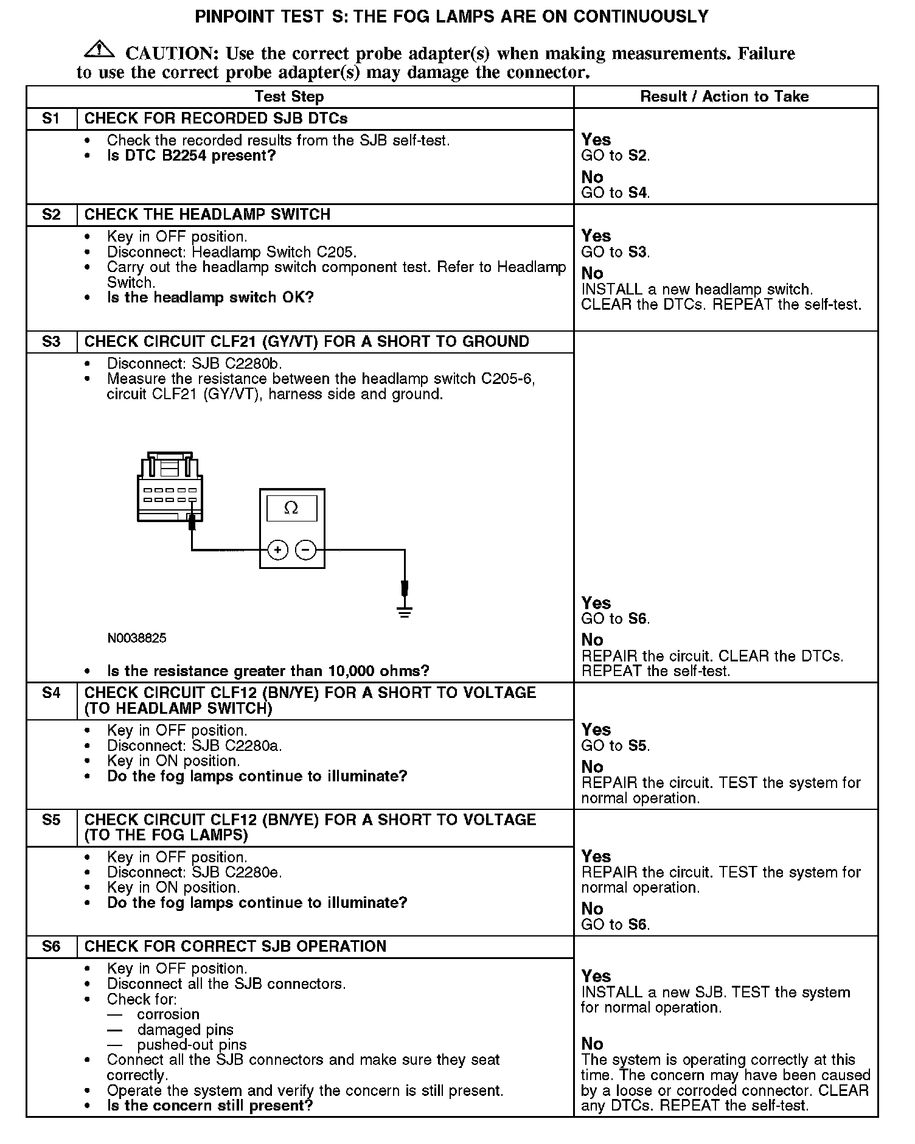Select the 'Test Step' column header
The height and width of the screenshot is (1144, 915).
[x=289, y=97]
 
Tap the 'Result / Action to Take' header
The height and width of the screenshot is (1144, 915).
[x=725, y=97]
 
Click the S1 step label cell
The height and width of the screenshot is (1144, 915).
[x=51, y=119]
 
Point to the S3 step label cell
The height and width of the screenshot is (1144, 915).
[x=51, y=342]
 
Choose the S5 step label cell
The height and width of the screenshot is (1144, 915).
[x=51, y=820]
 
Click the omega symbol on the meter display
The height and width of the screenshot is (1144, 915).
[x=291, y=508]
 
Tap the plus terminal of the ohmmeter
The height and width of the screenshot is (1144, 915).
[x=277, y=550]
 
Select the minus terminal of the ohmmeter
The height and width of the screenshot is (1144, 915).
[x=305, y=550]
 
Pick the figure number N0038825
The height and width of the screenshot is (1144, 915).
[x=137, y=638]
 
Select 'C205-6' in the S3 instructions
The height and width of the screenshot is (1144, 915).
[x=507, y=379]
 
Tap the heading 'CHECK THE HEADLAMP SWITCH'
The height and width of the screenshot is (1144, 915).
[x=207, y=215]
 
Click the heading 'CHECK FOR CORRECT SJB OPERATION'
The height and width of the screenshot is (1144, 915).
[x=235, y=946]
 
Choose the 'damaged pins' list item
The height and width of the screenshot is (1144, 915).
[x=185, y=1030]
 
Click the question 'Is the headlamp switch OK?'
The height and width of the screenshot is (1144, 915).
[x=210, y=298]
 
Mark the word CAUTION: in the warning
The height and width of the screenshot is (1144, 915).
[x=172, y=54]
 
